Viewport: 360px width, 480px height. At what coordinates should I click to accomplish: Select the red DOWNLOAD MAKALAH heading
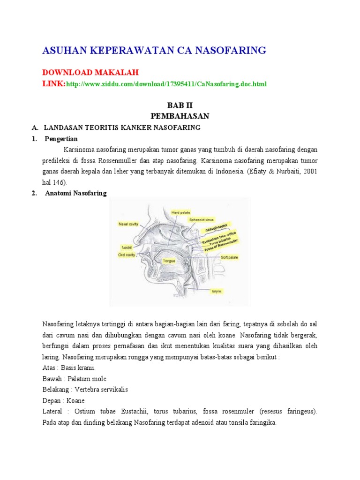coord(90,73)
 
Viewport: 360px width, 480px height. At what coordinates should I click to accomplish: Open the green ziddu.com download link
coord(166,84)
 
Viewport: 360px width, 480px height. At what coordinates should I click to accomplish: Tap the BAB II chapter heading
coord(180,105)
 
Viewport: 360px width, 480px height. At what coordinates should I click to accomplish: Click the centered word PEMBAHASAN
coord(180,115)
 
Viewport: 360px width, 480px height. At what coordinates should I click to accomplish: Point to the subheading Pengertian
coord(61,139)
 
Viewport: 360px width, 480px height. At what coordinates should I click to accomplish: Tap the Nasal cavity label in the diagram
coord(128,225)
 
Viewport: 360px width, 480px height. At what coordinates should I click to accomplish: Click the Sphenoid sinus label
coord(201,219)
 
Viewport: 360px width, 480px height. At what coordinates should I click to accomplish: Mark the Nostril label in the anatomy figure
coord(127,247)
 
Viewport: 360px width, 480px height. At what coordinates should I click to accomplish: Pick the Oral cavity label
coord(127,255)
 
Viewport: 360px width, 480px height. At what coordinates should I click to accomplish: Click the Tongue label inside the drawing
coord(169,260)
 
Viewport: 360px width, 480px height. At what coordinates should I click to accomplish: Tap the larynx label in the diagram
coord(216,291)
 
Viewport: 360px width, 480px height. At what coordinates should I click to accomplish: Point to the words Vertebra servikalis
coord(104,390)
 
